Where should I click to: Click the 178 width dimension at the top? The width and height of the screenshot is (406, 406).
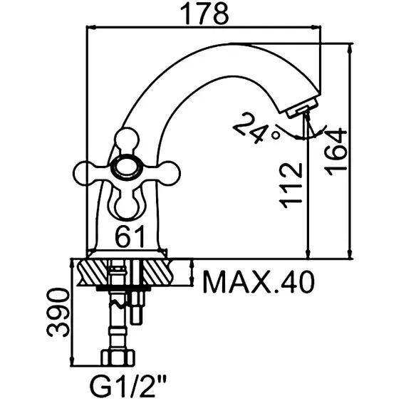coord(204,14)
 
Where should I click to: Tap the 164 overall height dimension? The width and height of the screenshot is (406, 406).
coord(335,152)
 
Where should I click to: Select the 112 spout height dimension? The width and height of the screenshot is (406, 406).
coord(291,185)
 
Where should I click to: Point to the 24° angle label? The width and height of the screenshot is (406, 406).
coord(254,129)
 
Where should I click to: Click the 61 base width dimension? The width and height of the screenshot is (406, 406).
coord(130,236)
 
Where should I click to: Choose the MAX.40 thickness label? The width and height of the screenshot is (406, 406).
coord(259,282)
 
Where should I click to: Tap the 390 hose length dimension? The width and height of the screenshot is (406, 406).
coord(58,313)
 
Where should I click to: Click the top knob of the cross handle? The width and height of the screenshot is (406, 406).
coord(127,140)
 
